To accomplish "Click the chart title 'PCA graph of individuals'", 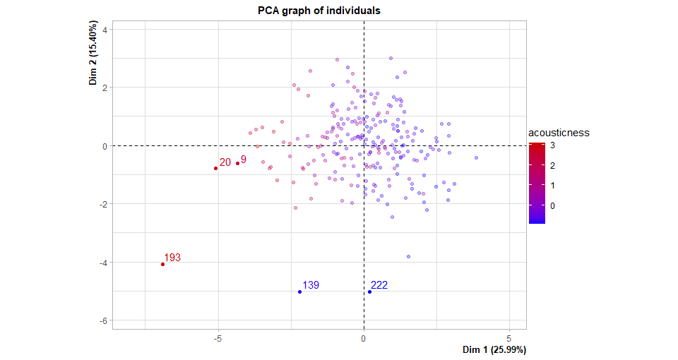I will (x=320, y=11).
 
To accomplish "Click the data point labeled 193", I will (x=162, y=264).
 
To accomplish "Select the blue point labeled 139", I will (x=299, y=292).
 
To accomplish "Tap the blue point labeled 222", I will (x=369, y=292).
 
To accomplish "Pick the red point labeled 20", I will (x=215, y=168).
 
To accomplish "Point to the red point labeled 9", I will (x=237, y=164).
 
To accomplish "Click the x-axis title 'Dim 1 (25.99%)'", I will (x=494, y=350).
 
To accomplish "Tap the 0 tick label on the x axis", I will (x=364, y=337).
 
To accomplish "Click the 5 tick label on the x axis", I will (x=509, y=337).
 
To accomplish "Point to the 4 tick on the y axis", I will (x=104, y=29).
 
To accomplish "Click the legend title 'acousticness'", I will (x=559, y=133).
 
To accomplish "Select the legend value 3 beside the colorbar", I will (x=552, y=145).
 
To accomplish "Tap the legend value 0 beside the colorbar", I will (x=552, y=205).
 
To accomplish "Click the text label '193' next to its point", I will (x=172, y=258).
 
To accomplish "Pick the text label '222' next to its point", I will (x=379, y=285).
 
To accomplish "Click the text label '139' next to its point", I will (x=311, y=285).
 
